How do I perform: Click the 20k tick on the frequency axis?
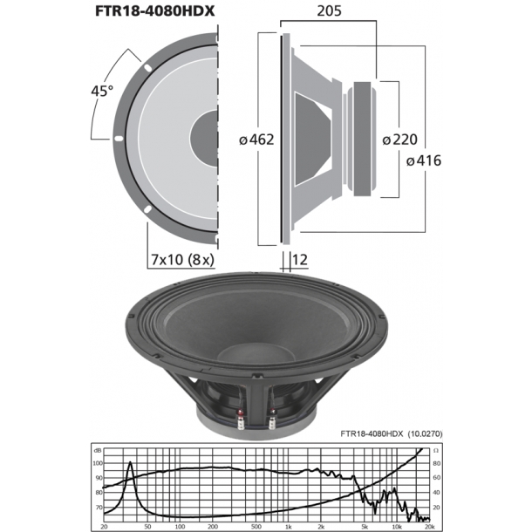(x=428, y=528)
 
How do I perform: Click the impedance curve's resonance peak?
(x=130, y=464)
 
